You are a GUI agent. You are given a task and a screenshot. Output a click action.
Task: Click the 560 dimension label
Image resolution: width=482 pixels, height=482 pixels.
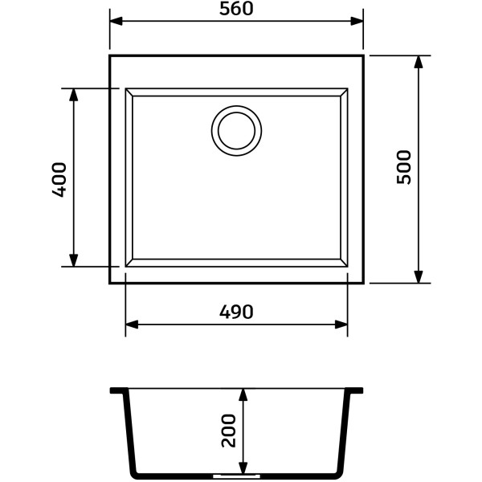click(x=236, y=9)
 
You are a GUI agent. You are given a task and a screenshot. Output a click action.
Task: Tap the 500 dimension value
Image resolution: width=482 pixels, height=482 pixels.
click(x=403, y=167)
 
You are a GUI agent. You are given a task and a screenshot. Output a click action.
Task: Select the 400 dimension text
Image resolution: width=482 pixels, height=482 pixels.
click(x=59, y=179)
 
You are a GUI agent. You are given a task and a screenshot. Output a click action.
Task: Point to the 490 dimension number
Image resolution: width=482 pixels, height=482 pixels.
click(x=236, y=312)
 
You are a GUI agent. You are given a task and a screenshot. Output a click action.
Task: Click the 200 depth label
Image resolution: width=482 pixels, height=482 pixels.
click(x=229, y=431)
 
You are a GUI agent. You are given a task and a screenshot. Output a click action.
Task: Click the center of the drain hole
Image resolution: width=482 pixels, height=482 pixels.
click(x=236, y=131)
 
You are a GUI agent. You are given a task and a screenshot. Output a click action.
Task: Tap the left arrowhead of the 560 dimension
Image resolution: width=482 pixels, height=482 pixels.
click(x=116, y=21)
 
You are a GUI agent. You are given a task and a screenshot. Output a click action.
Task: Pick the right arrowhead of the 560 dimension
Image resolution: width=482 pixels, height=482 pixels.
click(x=357, y=21)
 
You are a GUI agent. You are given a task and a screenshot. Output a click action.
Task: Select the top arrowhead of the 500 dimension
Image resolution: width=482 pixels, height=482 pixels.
click(x=419, y=62)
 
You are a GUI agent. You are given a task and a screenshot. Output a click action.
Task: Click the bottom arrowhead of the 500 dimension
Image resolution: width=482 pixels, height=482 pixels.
click(x=419, y=276)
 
